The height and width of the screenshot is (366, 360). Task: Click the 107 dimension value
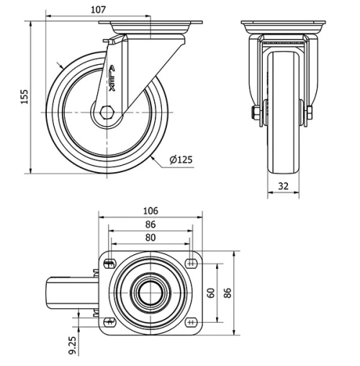(x=99, y=9)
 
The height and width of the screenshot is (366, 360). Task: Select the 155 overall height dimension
(x=24, y=97)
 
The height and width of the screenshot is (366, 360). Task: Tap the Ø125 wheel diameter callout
(x=182, y=159)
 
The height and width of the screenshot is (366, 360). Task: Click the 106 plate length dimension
(x=150, y=210)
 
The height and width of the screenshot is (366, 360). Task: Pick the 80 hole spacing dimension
(x=150, y=237)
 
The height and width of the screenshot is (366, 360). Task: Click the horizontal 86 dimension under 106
(x=150, y=224)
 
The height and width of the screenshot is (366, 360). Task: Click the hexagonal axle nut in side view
(x=107, y=112)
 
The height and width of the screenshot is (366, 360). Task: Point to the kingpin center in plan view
(x=150, y=292)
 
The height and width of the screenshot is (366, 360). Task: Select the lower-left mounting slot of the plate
(x=110, y=321)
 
